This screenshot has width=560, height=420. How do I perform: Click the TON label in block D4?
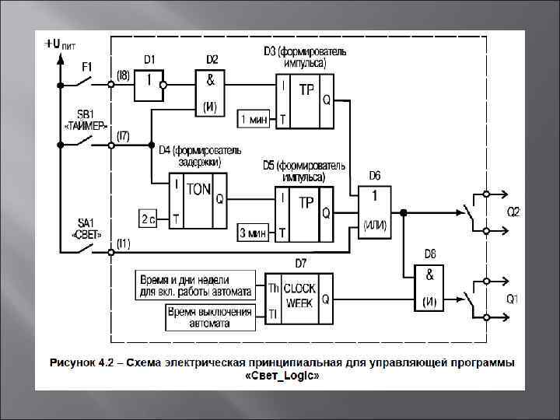tap(198, 190)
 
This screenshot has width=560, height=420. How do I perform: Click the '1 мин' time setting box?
tap(254, 119)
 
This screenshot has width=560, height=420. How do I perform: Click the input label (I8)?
tap(123, 75)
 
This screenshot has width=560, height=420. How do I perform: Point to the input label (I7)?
tap(123, 136)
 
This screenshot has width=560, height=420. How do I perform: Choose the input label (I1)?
tap(123, 243)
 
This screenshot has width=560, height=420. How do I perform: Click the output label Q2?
tap(514, 212)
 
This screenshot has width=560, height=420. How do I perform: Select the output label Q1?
tap(513, 299)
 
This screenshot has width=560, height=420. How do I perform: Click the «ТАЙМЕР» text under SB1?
tap(85, 125)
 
